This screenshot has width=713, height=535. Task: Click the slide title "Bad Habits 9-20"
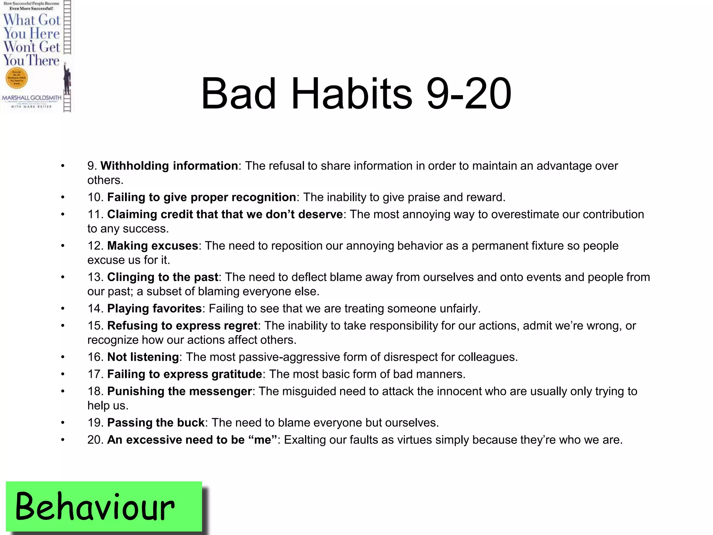tap(356, 93)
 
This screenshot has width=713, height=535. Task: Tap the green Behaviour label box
tap(104, 506)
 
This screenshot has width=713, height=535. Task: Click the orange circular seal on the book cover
tap(17, 78)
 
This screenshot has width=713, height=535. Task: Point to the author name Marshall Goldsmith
tap(32, 98)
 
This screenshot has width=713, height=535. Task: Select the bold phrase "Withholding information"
tap(169, 166)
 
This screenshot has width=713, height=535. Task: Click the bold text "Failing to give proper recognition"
tap(201, 197)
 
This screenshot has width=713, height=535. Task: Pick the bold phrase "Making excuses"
tap(152, 246)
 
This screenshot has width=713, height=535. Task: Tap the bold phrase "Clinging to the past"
tap(163, 277)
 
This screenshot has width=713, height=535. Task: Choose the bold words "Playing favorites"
tap(154, 308)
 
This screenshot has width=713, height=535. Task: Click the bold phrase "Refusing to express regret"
tap(182, 325)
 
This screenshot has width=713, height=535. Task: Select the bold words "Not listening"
tap(143, 357)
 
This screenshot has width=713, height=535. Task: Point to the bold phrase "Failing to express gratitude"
tap(185, 374)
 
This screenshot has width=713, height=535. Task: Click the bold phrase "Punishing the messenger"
tap(179, 391)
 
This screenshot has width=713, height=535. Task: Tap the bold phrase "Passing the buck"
tap(156, 422)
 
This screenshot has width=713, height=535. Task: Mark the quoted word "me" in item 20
tap(263, 440)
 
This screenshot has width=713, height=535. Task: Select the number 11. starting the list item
tap(95, 215)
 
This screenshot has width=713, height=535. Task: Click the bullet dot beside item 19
tap(63, 423)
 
